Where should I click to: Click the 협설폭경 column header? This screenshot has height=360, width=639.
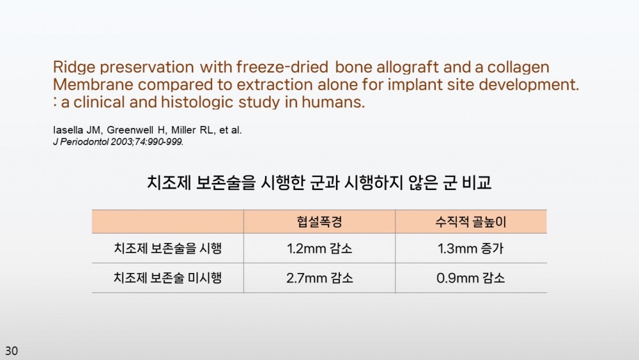click(319, 222)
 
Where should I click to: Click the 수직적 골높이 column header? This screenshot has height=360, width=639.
click(471, 222)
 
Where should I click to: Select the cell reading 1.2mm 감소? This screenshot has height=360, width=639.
click(319, 248)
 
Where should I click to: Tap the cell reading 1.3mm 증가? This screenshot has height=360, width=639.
click(471, 248)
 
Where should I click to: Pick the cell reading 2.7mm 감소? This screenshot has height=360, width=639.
click(319, 278)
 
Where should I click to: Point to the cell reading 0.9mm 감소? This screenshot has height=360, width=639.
click(471, 278)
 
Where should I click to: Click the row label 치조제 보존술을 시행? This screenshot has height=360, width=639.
click(168, 248)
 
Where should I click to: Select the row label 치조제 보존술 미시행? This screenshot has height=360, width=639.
click(168, 278)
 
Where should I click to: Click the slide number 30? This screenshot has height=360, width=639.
click(12, 350)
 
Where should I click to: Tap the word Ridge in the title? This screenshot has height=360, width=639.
click(73, 67)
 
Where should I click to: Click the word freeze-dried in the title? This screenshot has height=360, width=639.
click(282, 67)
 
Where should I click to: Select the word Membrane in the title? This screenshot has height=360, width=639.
click(93, 84)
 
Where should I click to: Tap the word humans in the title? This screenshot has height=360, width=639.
click(333, 102)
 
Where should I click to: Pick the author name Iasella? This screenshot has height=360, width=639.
click(68, 130)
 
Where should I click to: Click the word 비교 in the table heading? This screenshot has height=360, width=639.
click(477, 182)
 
